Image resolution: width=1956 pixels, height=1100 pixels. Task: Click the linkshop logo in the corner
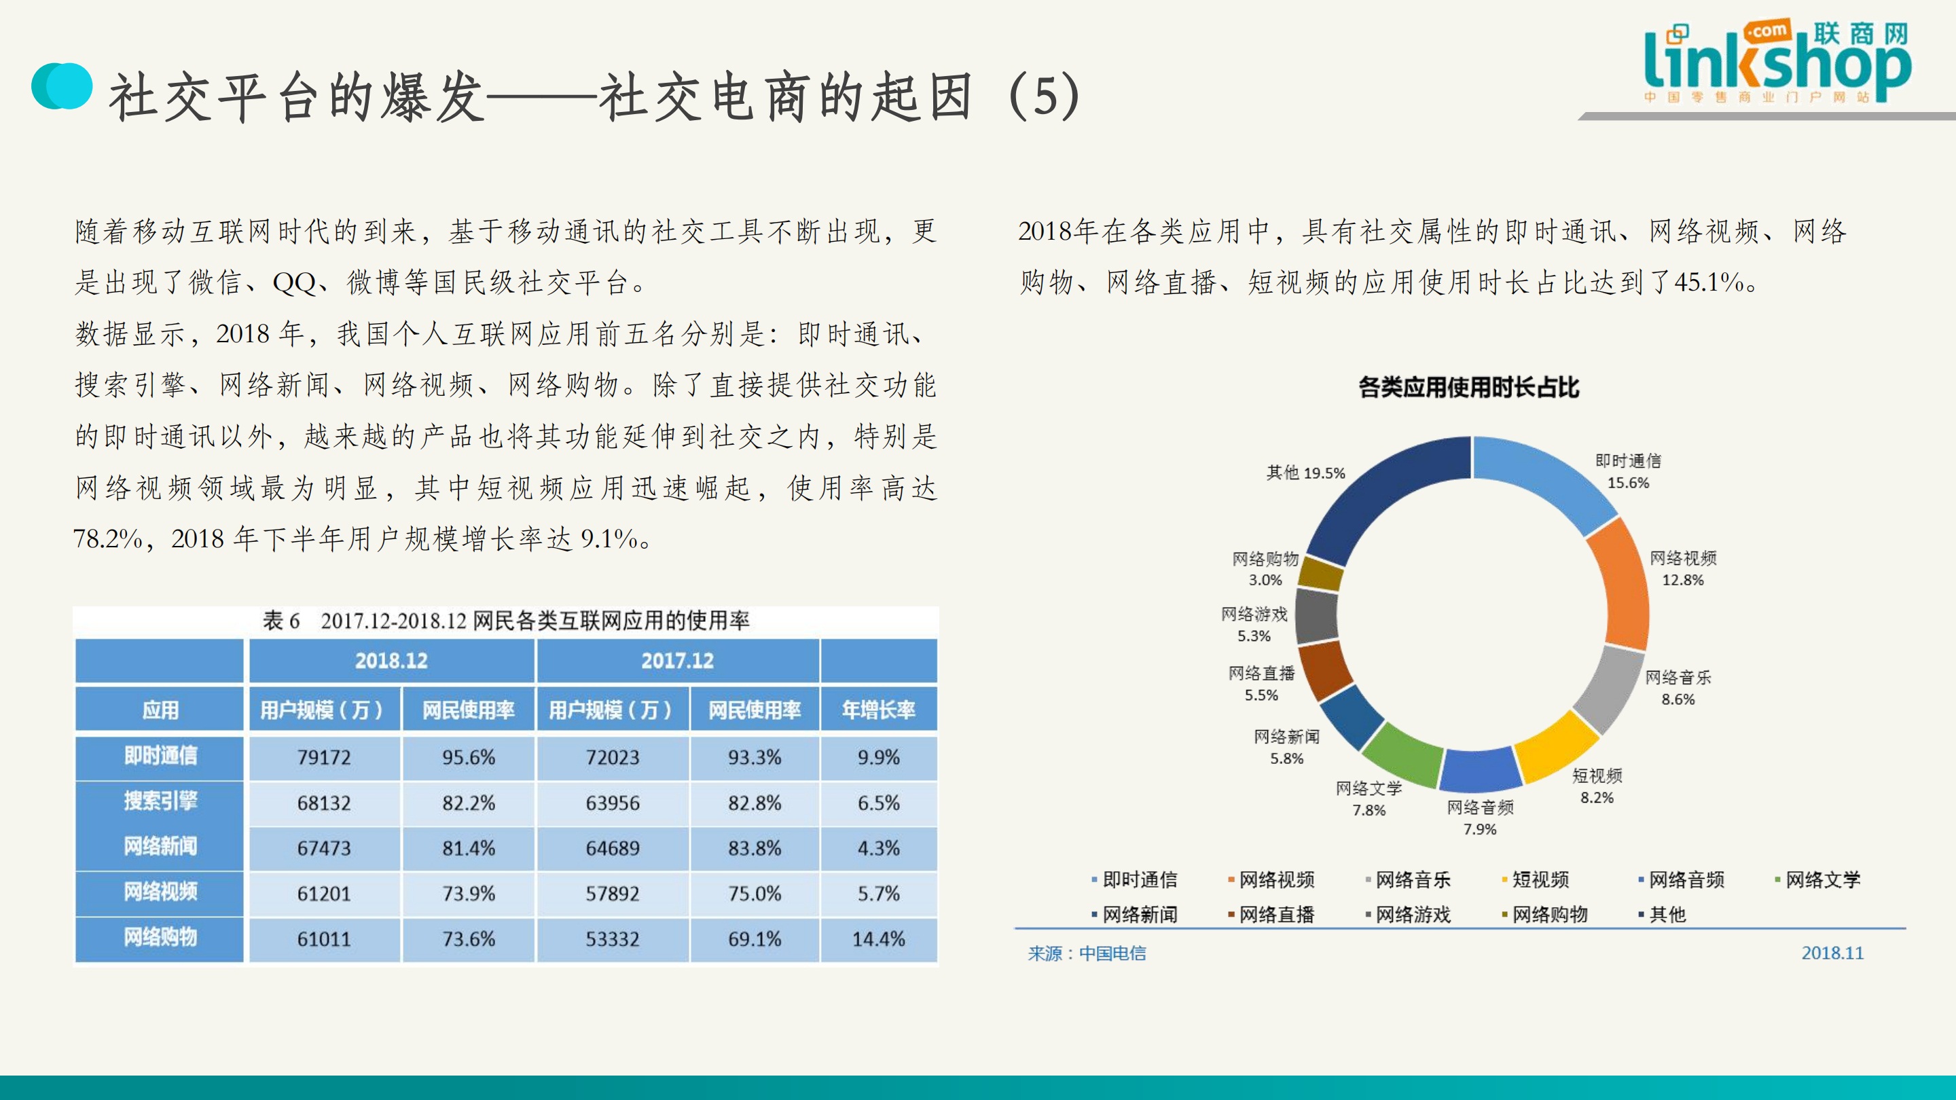[1777, 65]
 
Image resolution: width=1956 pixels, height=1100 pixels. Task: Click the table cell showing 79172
[324, 758]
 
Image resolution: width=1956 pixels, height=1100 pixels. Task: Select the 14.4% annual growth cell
[879, 939]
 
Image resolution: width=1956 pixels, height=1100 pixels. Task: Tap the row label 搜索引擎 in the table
[160, 802]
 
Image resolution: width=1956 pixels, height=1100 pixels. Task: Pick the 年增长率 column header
[879, 710]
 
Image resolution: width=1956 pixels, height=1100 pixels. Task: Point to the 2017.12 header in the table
[677, 661]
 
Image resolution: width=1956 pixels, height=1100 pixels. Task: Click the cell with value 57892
[612, 894]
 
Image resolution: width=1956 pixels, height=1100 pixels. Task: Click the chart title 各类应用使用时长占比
[1468, 388]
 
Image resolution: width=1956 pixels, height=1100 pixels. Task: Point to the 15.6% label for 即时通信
[1628, 483]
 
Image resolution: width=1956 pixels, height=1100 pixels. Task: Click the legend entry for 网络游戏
[1413, 915]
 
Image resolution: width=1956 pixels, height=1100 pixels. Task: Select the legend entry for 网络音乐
[1413, 880]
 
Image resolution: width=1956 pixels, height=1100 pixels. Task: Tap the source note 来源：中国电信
[1087, 953]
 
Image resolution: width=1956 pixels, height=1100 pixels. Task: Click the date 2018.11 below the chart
[1832, 953]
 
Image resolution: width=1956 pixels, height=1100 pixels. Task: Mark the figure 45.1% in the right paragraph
[1709, 282]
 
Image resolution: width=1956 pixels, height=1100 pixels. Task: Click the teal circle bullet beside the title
[62, 86]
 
